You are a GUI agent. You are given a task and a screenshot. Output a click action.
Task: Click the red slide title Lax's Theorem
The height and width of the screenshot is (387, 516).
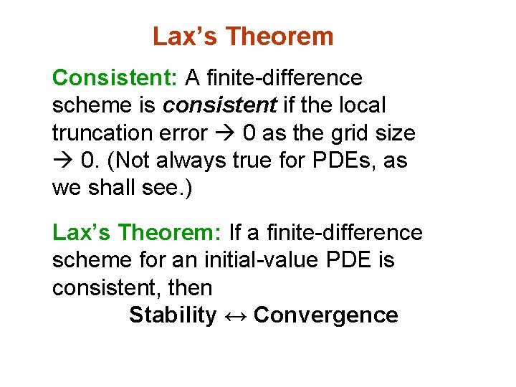pyautogui.click(x=243, y=37)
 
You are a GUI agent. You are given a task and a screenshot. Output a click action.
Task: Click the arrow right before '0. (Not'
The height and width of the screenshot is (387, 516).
pyautogui.click(x=64, y=161)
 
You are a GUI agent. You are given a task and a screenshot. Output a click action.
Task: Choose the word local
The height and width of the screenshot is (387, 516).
pyautogui.click(x=362, y=105)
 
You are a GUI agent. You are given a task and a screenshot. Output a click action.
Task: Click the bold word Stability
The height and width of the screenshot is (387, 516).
pyautogui.click(x=173, y=315)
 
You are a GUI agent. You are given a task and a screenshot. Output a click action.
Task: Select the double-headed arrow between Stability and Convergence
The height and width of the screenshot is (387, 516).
pyautogui.click(x=235, y=315)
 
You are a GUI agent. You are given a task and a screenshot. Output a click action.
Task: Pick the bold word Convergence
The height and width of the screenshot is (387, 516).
pyautogui.click(x=326, y=315)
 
